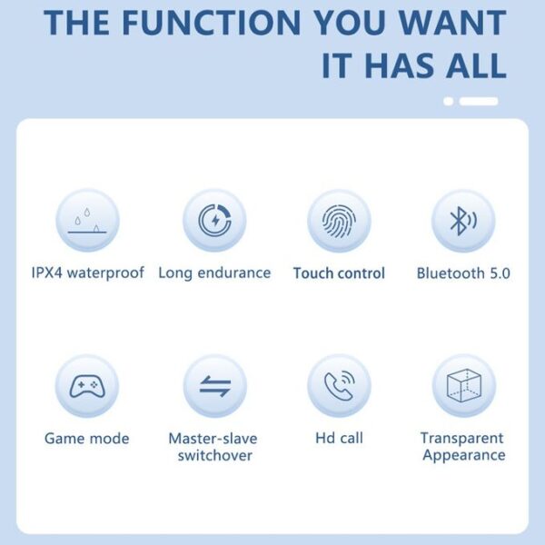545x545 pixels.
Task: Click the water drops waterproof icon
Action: [x=87, y=221]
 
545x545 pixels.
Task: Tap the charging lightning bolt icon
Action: [x=214, y=221]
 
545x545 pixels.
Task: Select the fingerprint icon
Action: [x=339, y=221]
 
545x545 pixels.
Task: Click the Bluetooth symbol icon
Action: [x=463, y=221]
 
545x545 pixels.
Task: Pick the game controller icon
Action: [x=87, y=386]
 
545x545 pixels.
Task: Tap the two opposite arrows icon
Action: [x=215, y=386]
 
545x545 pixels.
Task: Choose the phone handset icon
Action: [x=339, y=385]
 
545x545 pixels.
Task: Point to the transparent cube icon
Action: [x=463, y=385]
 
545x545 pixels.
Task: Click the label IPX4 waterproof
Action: [x=87, y=272]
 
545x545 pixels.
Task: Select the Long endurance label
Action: [x=214, y=272]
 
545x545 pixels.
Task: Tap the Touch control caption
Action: [x=339, y=273]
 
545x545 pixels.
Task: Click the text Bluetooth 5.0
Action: [x=463, y=273]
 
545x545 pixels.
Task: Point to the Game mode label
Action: [x=87, y=439]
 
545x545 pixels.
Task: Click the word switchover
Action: [x=215, y=455]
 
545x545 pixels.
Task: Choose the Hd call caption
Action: [x=339, y=438]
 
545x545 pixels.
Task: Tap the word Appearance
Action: [x=464, y=455]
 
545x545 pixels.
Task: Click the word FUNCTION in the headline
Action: [x=212, y=23]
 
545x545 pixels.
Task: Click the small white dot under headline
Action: [x=449, y=101]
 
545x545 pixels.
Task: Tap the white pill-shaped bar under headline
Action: [x=479, y=101]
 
